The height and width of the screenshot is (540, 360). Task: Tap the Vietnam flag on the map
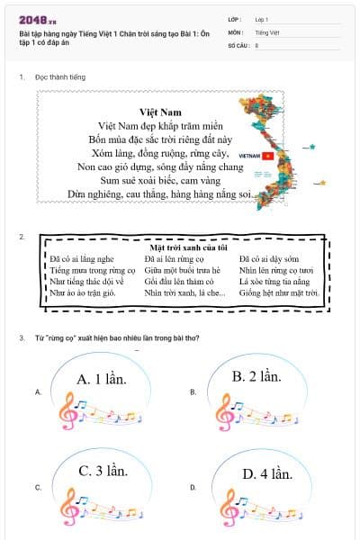point(267,155)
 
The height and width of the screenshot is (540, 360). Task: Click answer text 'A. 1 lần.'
point(103,378)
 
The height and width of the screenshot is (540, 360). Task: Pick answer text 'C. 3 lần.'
point(103,470)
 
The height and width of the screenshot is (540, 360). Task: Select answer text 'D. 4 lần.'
point(267,473)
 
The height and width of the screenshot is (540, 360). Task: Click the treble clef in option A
point(67,415)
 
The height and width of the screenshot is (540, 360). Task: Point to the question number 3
point(21,338)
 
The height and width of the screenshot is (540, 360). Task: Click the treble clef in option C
point(67,507)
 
